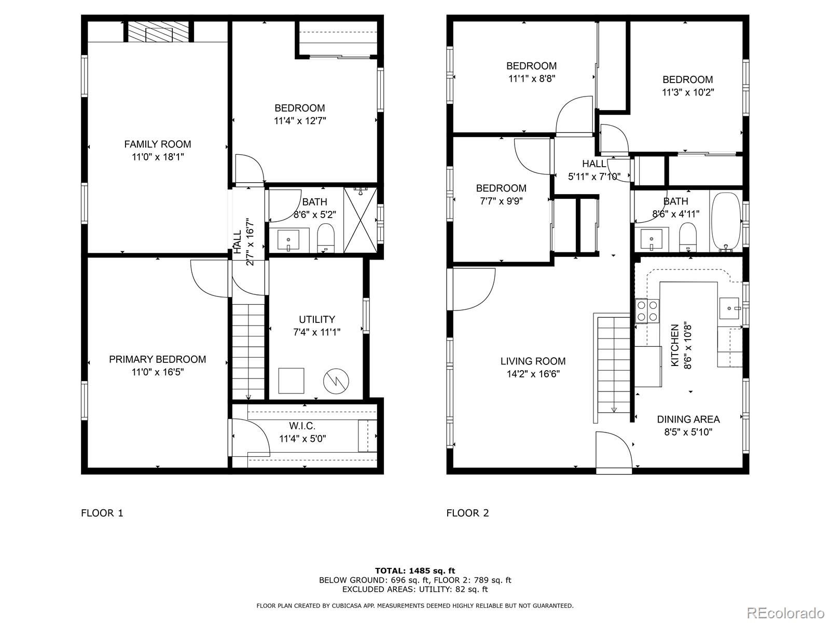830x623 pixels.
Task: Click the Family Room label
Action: [157, 144]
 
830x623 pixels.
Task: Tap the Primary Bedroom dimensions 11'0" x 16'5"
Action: [157, 372]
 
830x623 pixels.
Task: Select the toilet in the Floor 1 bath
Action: [326, 237]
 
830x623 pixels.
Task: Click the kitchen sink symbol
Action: [731, 308]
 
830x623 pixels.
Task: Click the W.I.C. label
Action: [302, 426]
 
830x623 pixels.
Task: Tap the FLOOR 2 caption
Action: [467, 513]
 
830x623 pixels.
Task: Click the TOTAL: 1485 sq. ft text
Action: [415, 571]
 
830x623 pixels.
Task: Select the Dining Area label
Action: [688, 419]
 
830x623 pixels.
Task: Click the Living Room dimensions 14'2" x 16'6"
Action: [533, 374]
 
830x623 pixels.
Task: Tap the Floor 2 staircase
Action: [614, 363]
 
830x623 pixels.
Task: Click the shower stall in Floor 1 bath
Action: [360, 220]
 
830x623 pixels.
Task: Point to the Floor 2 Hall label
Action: [594, 164]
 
